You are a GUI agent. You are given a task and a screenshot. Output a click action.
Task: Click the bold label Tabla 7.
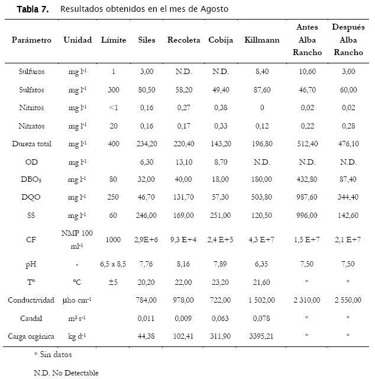point(33,9)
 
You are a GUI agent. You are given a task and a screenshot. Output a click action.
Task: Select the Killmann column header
point(262,40)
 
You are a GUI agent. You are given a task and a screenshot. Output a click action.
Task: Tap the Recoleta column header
point(184,40)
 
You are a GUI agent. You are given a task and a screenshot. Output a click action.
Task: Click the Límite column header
point(114,40)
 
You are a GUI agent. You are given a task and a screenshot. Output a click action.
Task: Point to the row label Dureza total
point(31,144)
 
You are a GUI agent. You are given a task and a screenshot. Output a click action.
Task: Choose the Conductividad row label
point(31,300)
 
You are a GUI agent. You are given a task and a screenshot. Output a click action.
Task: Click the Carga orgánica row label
point(31,336)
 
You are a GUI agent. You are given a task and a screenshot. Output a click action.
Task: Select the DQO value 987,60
point(307,197)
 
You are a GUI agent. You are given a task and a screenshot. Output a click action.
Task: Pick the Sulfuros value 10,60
point(307,71)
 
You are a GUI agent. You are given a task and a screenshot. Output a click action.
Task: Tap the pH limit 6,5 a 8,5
point(113,264)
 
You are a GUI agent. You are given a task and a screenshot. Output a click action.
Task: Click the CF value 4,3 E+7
point(261,239)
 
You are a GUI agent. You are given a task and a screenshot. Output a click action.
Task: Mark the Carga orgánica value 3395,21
point(261,336)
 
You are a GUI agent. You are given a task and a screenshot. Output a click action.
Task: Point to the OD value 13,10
point(184,162)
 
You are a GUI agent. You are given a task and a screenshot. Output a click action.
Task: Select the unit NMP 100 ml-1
point(77,239)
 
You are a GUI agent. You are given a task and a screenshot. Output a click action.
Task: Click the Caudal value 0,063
point(220,319)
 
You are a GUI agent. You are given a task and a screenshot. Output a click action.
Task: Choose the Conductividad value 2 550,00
point(348,300)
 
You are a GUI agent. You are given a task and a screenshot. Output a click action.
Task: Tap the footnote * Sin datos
point(53,355)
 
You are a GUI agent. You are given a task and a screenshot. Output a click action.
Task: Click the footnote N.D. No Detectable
point(66,372)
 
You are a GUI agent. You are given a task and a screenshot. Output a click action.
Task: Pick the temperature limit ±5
point(113,282)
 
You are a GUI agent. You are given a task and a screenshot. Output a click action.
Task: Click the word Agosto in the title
point(215,9)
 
